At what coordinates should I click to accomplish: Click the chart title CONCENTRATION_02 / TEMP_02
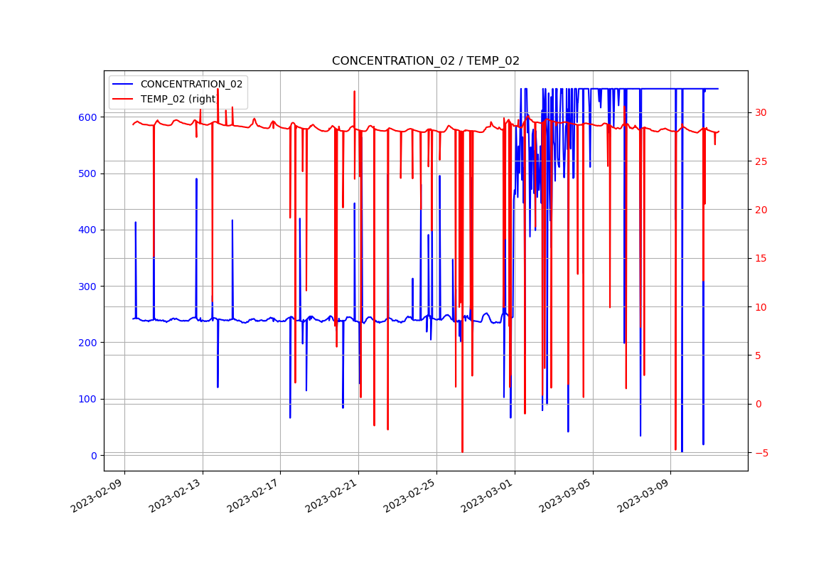(425, 61)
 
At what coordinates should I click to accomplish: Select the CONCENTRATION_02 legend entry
(191, 84)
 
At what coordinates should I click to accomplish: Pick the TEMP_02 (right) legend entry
(178, 99)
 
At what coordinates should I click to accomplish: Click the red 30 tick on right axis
(761, 112)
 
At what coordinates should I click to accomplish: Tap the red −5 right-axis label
(761, 453)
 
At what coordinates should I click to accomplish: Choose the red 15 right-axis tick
(761, 258)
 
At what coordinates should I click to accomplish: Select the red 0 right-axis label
(758, 404)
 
